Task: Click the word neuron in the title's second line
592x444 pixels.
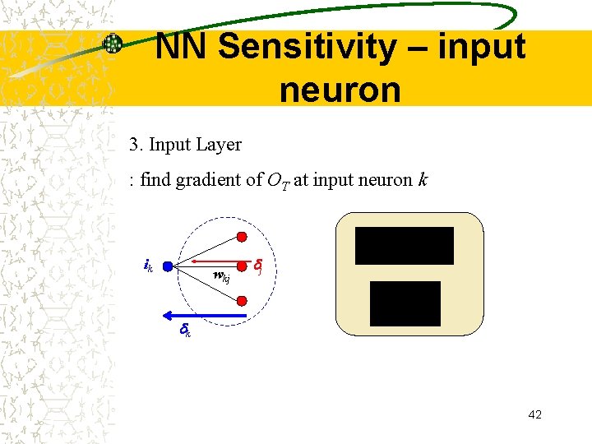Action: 340,89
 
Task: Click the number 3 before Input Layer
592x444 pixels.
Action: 133,145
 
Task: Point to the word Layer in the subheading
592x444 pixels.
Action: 220,145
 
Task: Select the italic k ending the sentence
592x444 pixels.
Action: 423,179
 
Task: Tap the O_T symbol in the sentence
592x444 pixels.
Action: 276,180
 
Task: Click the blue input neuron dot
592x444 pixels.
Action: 167,266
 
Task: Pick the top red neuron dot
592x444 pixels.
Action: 242,237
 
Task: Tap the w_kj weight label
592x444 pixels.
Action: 221,276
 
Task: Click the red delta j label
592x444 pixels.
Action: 258,266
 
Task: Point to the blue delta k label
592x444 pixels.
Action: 185,331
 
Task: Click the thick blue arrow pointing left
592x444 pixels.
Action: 205,315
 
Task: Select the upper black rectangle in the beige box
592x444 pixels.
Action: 404,246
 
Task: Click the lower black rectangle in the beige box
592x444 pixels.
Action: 405,303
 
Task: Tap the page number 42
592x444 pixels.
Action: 534,414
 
